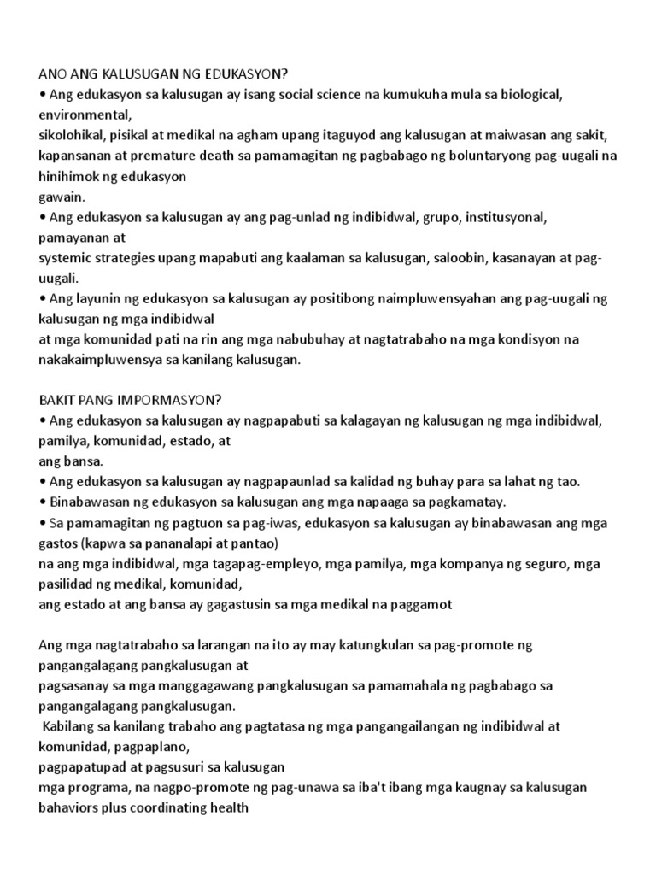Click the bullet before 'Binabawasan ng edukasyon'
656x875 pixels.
44,502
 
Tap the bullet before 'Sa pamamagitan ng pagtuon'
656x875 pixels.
44,522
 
